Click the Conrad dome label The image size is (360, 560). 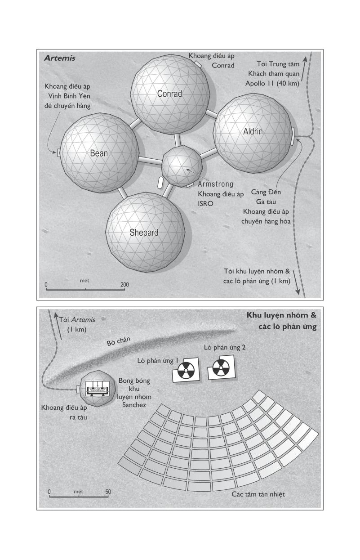[169, 94]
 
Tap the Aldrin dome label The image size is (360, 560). [253, 131]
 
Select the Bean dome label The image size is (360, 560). [99, 153]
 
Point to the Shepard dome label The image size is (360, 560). [144, 233]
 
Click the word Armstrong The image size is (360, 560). [216, 184]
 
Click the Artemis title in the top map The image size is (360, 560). [60, 58]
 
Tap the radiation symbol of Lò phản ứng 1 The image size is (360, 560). [186, 371]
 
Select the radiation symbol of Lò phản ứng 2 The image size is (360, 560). [221, 368]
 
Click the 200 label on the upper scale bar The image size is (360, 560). [124, 285]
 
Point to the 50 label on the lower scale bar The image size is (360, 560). [108, 492]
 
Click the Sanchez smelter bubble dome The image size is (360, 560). [98, 389]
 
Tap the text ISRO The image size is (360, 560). [205, 204]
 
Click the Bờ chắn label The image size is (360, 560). [118, 341]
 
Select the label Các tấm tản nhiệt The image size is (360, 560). [258, 494]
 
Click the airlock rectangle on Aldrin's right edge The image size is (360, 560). [293, 136]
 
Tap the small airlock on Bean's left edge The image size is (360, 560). [59, 153]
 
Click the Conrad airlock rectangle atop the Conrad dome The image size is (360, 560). [198, 63]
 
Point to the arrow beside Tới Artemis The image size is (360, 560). [58, 326]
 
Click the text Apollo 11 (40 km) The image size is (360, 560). [272, 83]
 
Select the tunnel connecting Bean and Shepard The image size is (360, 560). [122, 193]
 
